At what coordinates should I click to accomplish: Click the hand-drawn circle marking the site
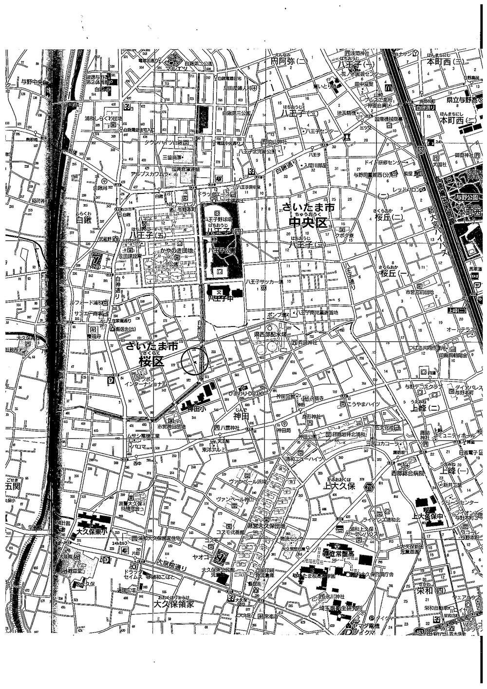click(x=195, y=362)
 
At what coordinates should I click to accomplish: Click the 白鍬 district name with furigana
click(x=84, y=220)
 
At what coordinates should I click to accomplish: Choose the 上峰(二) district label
click(x=425, y=407)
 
